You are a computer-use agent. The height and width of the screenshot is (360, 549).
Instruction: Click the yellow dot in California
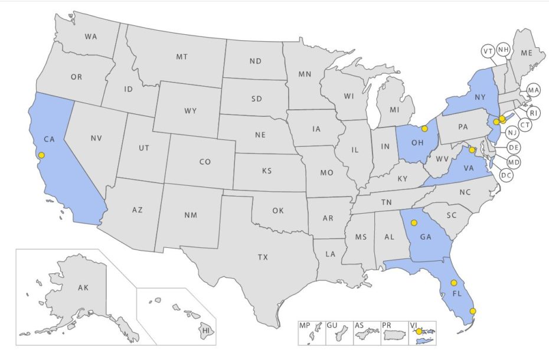tap(41, 155)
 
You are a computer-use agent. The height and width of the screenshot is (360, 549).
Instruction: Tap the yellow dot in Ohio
tap(424, 128)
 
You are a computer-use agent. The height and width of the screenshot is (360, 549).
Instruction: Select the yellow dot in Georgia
tap(414, 222)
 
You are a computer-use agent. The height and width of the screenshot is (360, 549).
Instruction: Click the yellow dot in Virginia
tap(472, 150)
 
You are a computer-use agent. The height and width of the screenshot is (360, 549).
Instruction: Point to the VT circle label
tap(488, 51)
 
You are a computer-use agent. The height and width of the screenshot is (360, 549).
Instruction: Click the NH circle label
tap(504, 50)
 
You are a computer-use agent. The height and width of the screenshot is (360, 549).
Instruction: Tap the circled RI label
tap(533, 113)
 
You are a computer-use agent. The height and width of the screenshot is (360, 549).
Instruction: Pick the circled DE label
tap(514, 147)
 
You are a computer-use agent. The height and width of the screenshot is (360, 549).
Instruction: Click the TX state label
tap(263, 257)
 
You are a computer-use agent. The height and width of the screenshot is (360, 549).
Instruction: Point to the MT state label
tap(182, 57)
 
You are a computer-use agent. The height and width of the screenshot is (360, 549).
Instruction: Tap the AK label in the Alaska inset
tap(83, 288)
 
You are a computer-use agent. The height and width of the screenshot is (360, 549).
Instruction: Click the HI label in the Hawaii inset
tap(206, 330)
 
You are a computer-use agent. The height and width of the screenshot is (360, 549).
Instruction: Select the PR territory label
tap(390, 325)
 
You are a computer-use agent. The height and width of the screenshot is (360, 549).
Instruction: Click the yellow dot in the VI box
tap(419, 332)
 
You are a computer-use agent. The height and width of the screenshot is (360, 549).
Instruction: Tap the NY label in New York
tap(480, 97)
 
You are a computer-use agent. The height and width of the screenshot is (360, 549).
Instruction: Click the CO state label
tap(205, 161)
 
